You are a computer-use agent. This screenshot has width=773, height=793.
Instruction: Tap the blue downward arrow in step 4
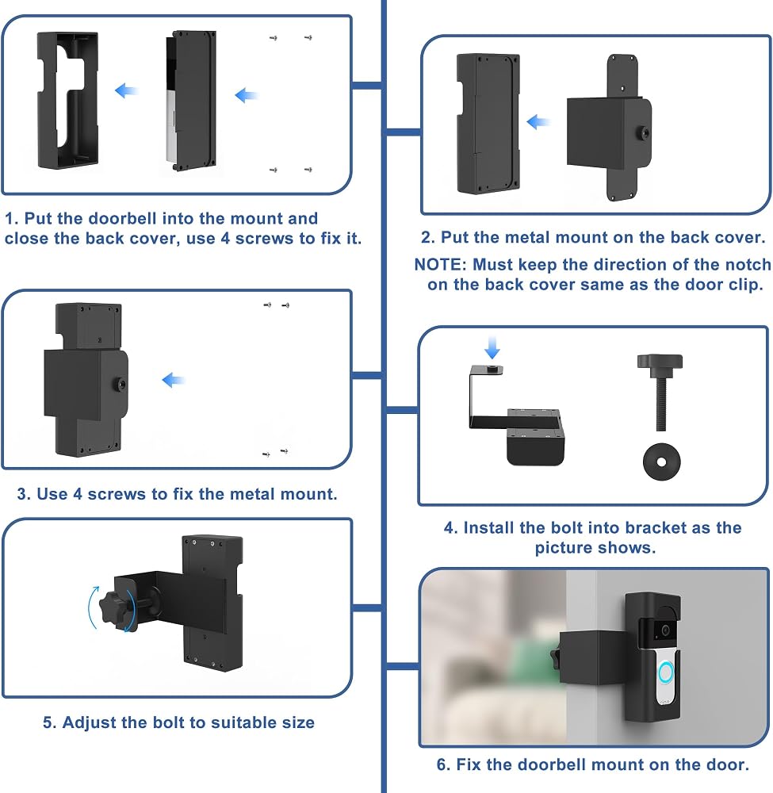[492, 347]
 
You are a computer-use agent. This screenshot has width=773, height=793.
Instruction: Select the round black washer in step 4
[661, 462]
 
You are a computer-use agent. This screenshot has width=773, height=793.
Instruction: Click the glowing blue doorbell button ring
[666, 672]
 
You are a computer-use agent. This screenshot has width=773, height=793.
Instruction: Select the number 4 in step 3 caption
[78, 494]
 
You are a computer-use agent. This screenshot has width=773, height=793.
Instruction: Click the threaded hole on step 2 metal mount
[645, 133]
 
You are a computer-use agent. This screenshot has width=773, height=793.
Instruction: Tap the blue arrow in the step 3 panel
[174, 380]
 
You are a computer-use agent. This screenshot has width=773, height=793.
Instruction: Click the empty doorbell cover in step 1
[67, 100]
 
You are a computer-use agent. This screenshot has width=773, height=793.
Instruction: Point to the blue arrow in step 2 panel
[538, 122]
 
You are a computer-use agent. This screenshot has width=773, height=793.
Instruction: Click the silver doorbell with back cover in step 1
[191, 102]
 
